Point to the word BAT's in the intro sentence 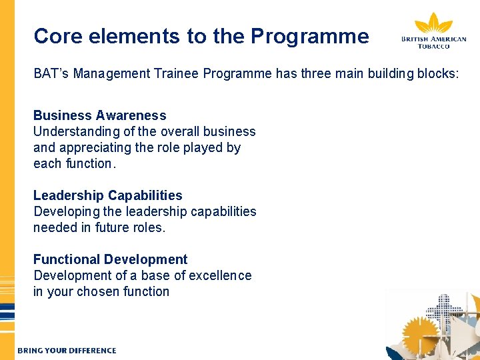(x=51, y=73)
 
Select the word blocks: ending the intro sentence (x=437, y=73)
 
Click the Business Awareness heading (x=100, y=115)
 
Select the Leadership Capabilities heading (x=108, y=195)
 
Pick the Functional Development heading (x=111, y=259)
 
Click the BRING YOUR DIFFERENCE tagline (x=67, y=351)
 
